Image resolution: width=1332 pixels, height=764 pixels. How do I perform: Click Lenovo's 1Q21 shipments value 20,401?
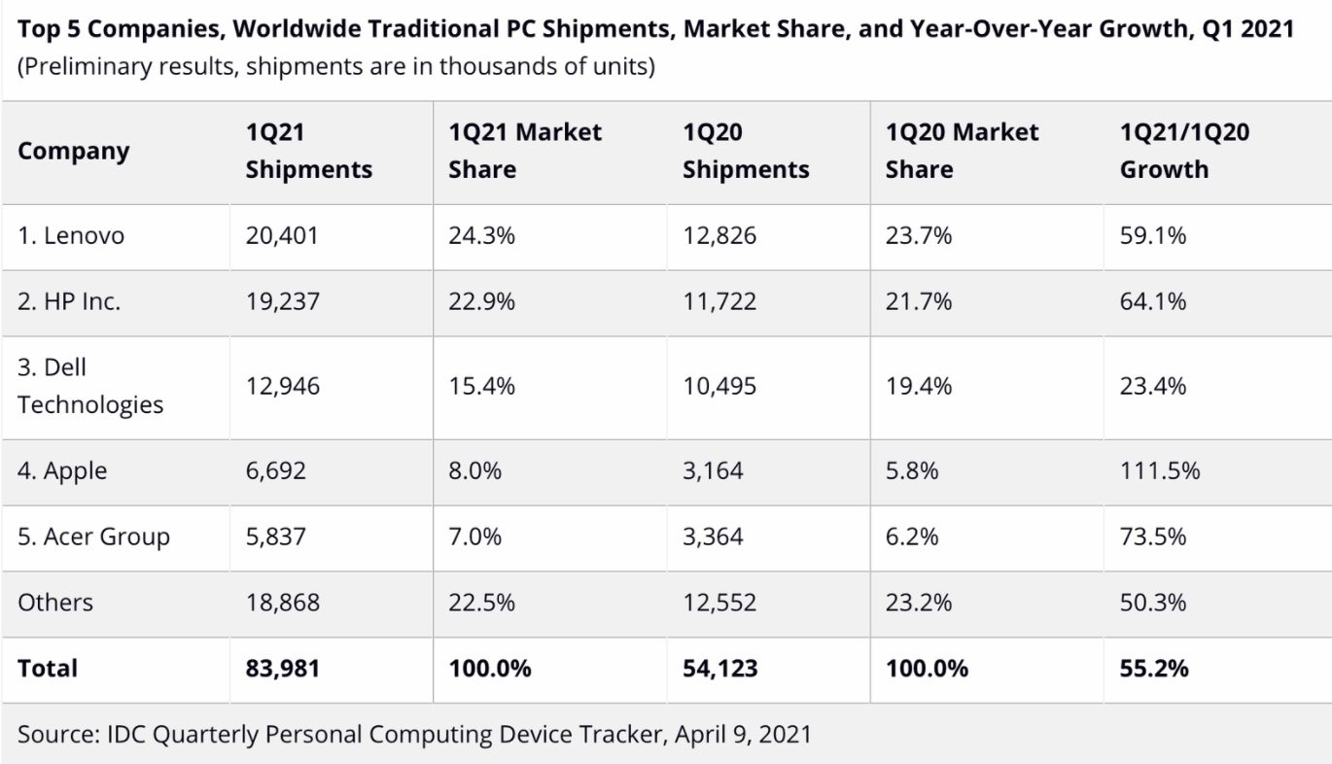tap(282, 236)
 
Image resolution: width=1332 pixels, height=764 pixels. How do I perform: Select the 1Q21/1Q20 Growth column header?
tap(1184, 151)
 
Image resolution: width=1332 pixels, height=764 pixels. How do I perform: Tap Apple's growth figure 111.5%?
tap(1159, 471)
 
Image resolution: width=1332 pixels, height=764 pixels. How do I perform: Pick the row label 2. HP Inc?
tap(69, 301)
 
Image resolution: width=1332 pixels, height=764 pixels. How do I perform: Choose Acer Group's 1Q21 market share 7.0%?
tap(474, 537)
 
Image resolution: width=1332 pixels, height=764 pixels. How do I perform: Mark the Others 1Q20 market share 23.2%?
tap(918, 602)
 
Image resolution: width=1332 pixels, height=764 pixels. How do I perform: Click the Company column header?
tap(73, 152)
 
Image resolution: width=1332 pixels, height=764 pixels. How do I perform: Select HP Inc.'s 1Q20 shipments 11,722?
tap(719, 301)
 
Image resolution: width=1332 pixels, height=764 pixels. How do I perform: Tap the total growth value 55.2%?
tap(1154, 669)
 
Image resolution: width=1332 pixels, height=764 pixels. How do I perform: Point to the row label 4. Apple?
tap(62, 471)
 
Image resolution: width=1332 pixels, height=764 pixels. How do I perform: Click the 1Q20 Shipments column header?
tap(746, 151)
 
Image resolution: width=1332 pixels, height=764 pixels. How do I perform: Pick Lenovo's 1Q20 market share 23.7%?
tap(918, 236)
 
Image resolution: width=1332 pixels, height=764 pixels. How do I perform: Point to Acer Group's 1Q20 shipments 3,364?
tap(713, 537)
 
